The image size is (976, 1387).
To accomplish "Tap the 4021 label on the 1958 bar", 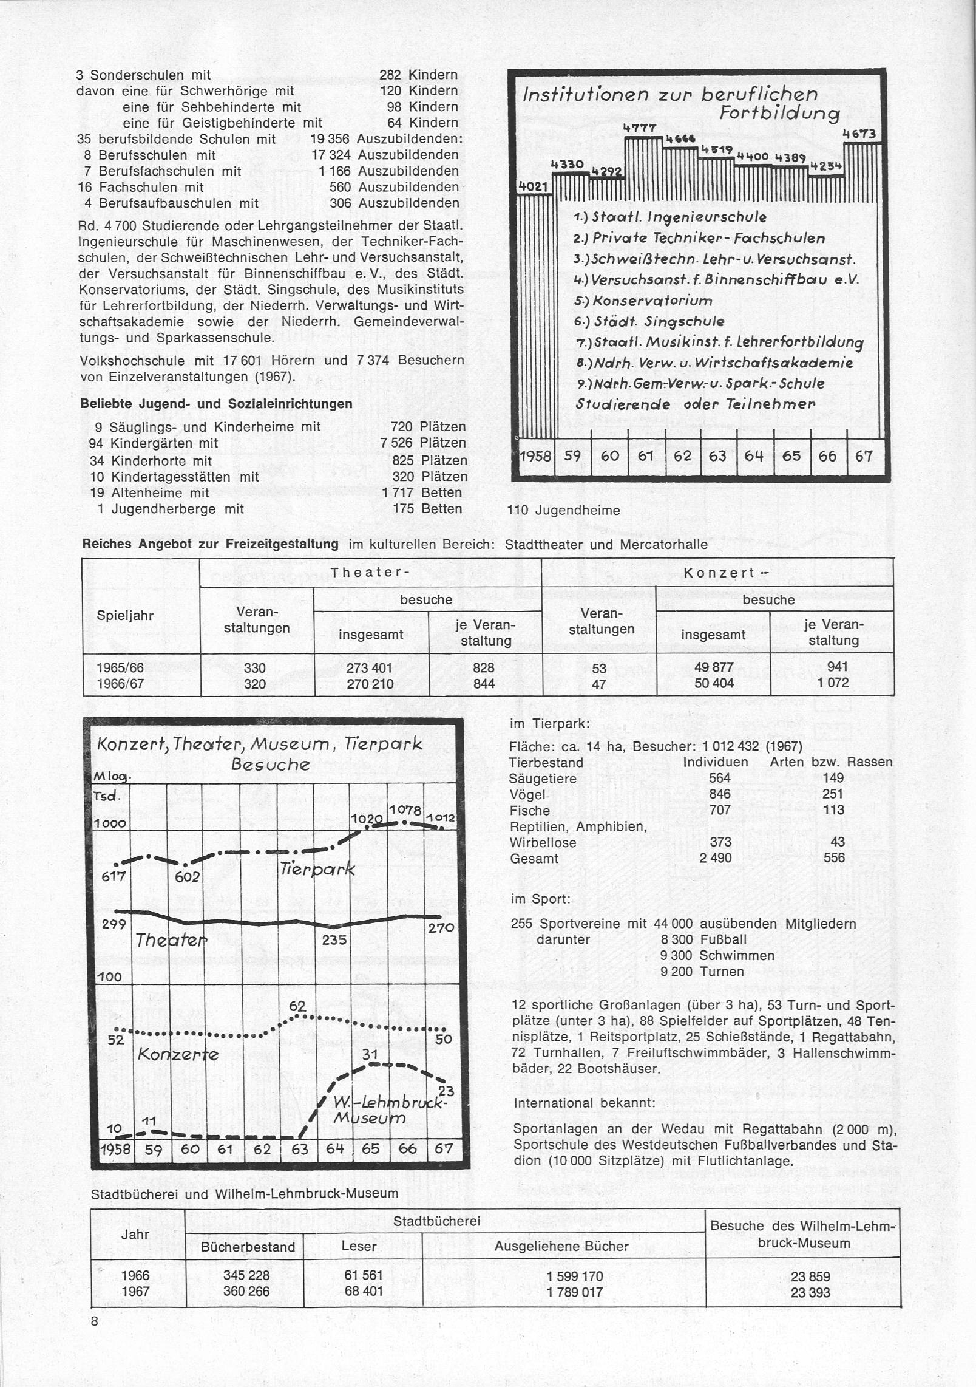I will tap(533, 186).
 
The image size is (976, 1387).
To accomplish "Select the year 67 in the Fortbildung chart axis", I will tap(863, 456).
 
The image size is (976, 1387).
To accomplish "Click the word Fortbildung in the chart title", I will tap(779, 114).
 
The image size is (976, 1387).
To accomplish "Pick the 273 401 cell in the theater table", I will tap(370, 668).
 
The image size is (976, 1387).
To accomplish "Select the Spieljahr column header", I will tap(125, 615).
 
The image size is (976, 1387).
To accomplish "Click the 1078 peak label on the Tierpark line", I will tap(404, 810).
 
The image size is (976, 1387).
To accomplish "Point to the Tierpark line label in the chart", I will tap(317, 870).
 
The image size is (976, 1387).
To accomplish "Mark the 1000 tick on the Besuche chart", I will tap(110, 823).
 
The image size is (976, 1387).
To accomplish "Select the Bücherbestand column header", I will tap(248, 1247).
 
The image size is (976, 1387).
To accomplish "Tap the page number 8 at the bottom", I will tap(95, 1321).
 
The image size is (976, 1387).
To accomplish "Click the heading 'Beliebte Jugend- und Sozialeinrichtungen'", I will tap(216, 404).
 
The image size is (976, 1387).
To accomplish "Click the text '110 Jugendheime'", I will tap(563, 510).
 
